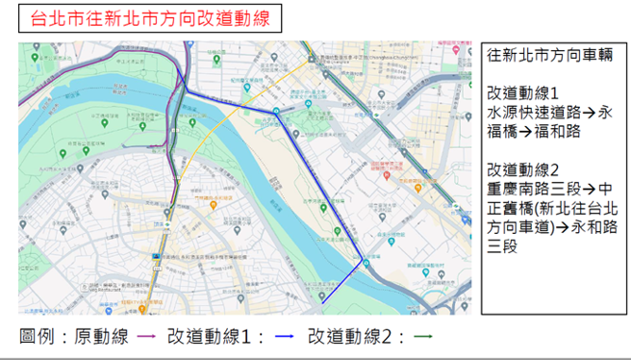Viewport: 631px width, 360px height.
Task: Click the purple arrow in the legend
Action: point(149,337)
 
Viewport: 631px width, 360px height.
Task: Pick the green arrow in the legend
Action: point(424,337)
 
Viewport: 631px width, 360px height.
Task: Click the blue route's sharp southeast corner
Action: point(364,259)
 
